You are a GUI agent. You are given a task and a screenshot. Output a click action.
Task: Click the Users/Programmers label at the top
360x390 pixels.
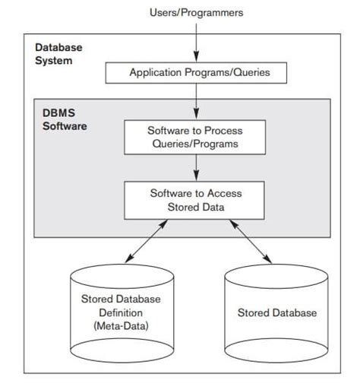[x=195, y=13]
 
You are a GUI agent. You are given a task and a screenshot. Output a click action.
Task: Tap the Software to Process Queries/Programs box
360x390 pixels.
[x=195, y=136]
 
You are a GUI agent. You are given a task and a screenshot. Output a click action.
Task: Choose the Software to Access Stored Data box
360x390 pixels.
[x=195, y=200]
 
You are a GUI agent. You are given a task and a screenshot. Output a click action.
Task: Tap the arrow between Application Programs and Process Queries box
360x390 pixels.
[x=196, y=99]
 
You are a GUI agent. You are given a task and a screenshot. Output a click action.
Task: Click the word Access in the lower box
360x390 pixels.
[x=218, y=194]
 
